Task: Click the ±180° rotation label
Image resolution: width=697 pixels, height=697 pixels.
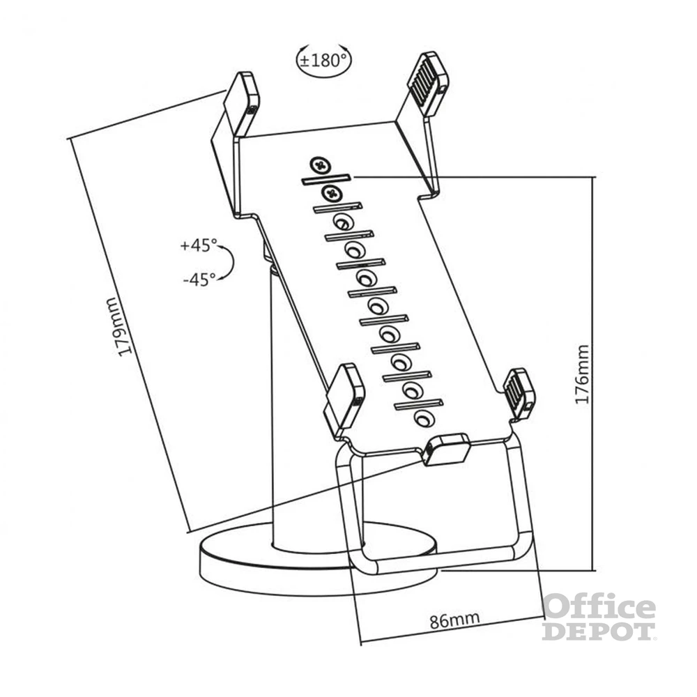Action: click(323, 59)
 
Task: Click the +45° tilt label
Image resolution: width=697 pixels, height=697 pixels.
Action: click(198, 245)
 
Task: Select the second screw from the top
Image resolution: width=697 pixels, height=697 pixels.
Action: click(331, 192)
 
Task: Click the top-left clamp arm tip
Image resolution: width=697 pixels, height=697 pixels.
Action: click(241, 98)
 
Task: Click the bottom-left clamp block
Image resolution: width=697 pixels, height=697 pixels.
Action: click(344, 396)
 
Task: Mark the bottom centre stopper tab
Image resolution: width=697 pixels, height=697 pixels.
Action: click(446, 449)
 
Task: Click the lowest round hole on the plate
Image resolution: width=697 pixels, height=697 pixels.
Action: click(422, 419)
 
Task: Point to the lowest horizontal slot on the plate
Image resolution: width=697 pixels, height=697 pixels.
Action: click(418, 404)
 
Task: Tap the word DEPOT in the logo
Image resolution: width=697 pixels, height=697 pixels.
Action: click(599, 631)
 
